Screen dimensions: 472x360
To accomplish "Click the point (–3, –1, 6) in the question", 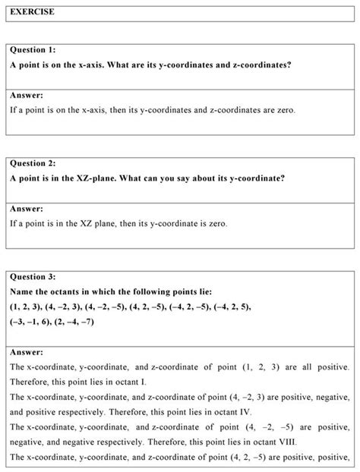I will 29,322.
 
